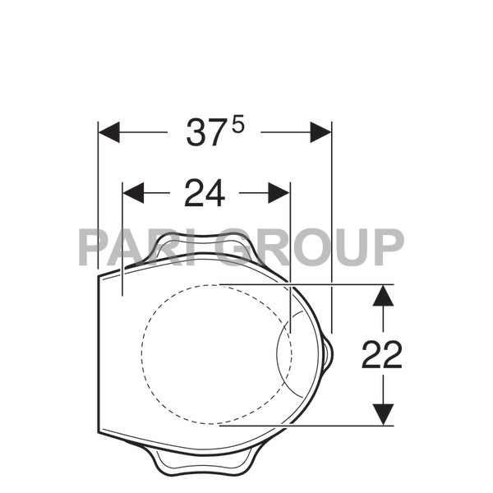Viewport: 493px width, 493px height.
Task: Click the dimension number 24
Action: coord(205,193)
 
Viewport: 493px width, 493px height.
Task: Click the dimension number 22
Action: coord(382,355)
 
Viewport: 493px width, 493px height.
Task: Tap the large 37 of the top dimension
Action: coord(205,133)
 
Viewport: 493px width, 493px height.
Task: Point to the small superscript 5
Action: coord(238,123)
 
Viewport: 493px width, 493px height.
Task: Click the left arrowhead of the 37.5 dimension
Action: coord(109,132)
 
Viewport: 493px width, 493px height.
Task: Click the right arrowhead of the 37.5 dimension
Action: coord(320,132)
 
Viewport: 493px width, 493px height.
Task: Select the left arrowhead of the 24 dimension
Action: coord(133,193)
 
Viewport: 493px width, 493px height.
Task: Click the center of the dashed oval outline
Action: coord(215,355)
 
